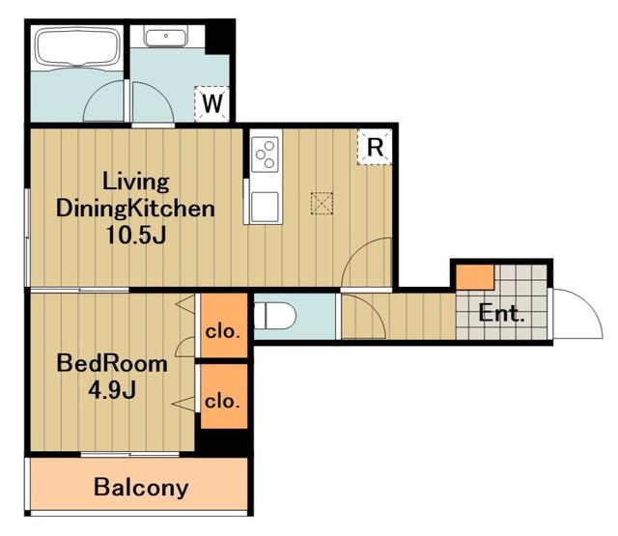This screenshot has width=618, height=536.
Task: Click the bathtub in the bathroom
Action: [77, 48]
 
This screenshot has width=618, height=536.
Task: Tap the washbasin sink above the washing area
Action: [165, 38]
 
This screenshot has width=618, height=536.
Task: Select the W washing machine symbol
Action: [212, 103]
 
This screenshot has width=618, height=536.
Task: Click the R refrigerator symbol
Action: [375, 147]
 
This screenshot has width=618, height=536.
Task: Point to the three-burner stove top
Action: [265, 155]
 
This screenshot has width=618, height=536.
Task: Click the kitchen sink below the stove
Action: [265, 207]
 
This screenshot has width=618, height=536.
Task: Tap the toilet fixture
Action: [274, 315]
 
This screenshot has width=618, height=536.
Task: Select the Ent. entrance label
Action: [501, 313]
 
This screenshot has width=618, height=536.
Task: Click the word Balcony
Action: [141, 488]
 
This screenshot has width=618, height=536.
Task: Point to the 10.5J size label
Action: [136, 236]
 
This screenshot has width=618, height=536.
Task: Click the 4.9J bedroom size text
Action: [112, 390]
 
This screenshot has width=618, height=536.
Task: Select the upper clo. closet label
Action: [223, 332]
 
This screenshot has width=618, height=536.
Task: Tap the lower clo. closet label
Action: [222, 401]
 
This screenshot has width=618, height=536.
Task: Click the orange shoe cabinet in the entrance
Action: [475, 277]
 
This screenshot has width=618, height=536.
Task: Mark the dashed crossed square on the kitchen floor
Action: [322, 204]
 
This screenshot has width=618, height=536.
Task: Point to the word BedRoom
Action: [112, 363]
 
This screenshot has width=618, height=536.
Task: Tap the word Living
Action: [136, 183]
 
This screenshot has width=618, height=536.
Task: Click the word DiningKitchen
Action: [135, 208]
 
